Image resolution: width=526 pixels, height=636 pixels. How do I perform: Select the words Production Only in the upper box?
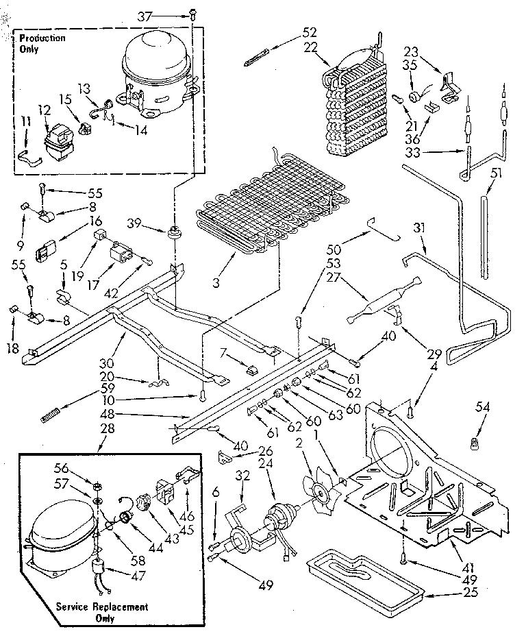tap(42, 42)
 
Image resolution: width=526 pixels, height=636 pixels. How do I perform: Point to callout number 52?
tap(310, 32)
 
